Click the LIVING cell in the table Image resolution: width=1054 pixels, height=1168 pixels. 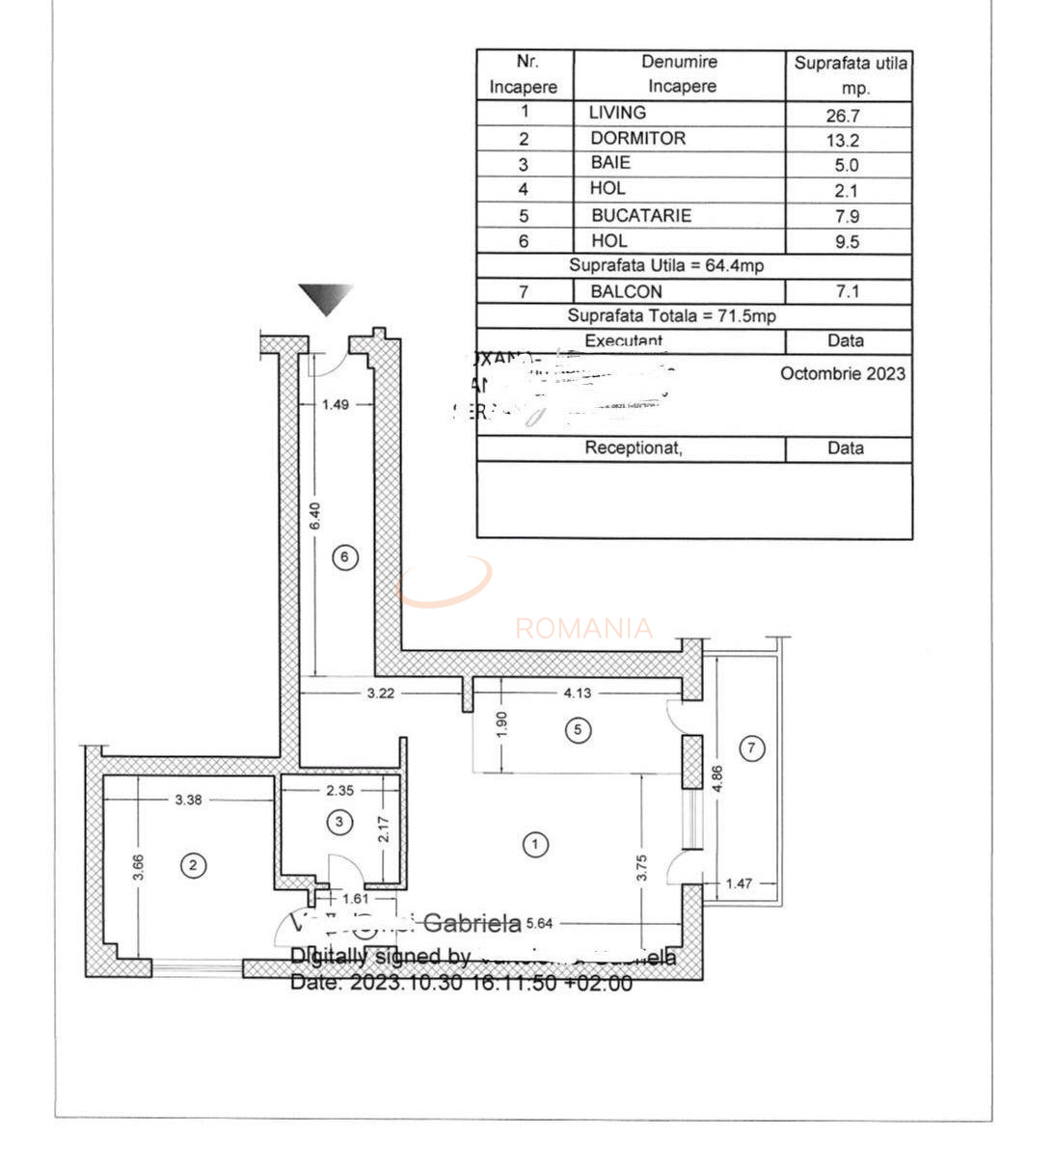pyautogui.click(x=617, y=113)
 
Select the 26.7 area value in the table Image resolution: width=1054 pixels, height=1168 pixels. pyautogui.click(x=843, y=116)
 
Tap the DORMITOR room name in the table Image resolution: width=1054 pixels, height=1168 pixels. pyautogui.click(x=637, y=139)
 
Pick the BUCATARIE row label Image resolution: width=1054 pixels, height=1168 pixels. pyautogui.click(x=641, y=216)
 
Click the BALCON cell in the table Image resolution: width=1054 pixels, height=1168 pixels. pyautogui.click(x=626, y=291)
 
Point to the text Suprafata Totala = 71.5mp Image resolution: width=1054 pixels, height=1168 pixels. pyautogui.click(x=671, y=316)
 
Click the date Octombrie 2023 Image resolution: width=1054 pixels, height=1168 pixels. pyautogui.click(x=843, y=374)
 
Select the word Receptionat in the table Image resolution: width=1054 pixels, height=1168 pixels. pyautogui.click(x=633, y=448)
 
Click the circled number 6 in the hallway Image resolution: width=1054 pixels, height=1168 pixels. pyautogui.click(x=344, y=557)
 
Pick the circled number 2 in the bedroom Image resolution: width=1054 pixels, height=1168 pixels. pyautogui.click(x=193, y=865)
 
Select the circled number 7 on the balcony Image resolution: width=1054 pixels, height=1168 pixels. pyautogui.click(x=753, y=747)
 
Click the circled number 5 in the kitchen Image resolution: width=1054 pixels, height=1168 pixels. pyautogui.click(x=578, y=729)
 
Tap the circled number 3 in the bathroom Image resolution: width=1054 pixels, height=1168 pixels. pyautogui.click(x=339, y=822)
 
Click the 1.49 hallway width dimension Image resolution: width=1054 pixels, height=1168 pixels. pyautogui.click(x=336, y=405)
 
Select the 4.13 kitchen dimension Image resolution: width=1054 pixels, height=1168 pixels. pyautogui.click(x=578, y=693)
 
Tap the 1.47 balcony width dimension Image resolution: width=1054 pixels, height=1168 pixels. pyautogui.click(x=739, y=883)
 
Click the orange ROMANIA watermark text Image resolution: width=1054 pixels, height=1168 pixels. pyautogui.click(x=583, y=629)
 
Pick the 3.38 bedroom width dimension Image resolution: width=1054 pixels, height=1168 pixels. pyautogui.click(x=188, y=800)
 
